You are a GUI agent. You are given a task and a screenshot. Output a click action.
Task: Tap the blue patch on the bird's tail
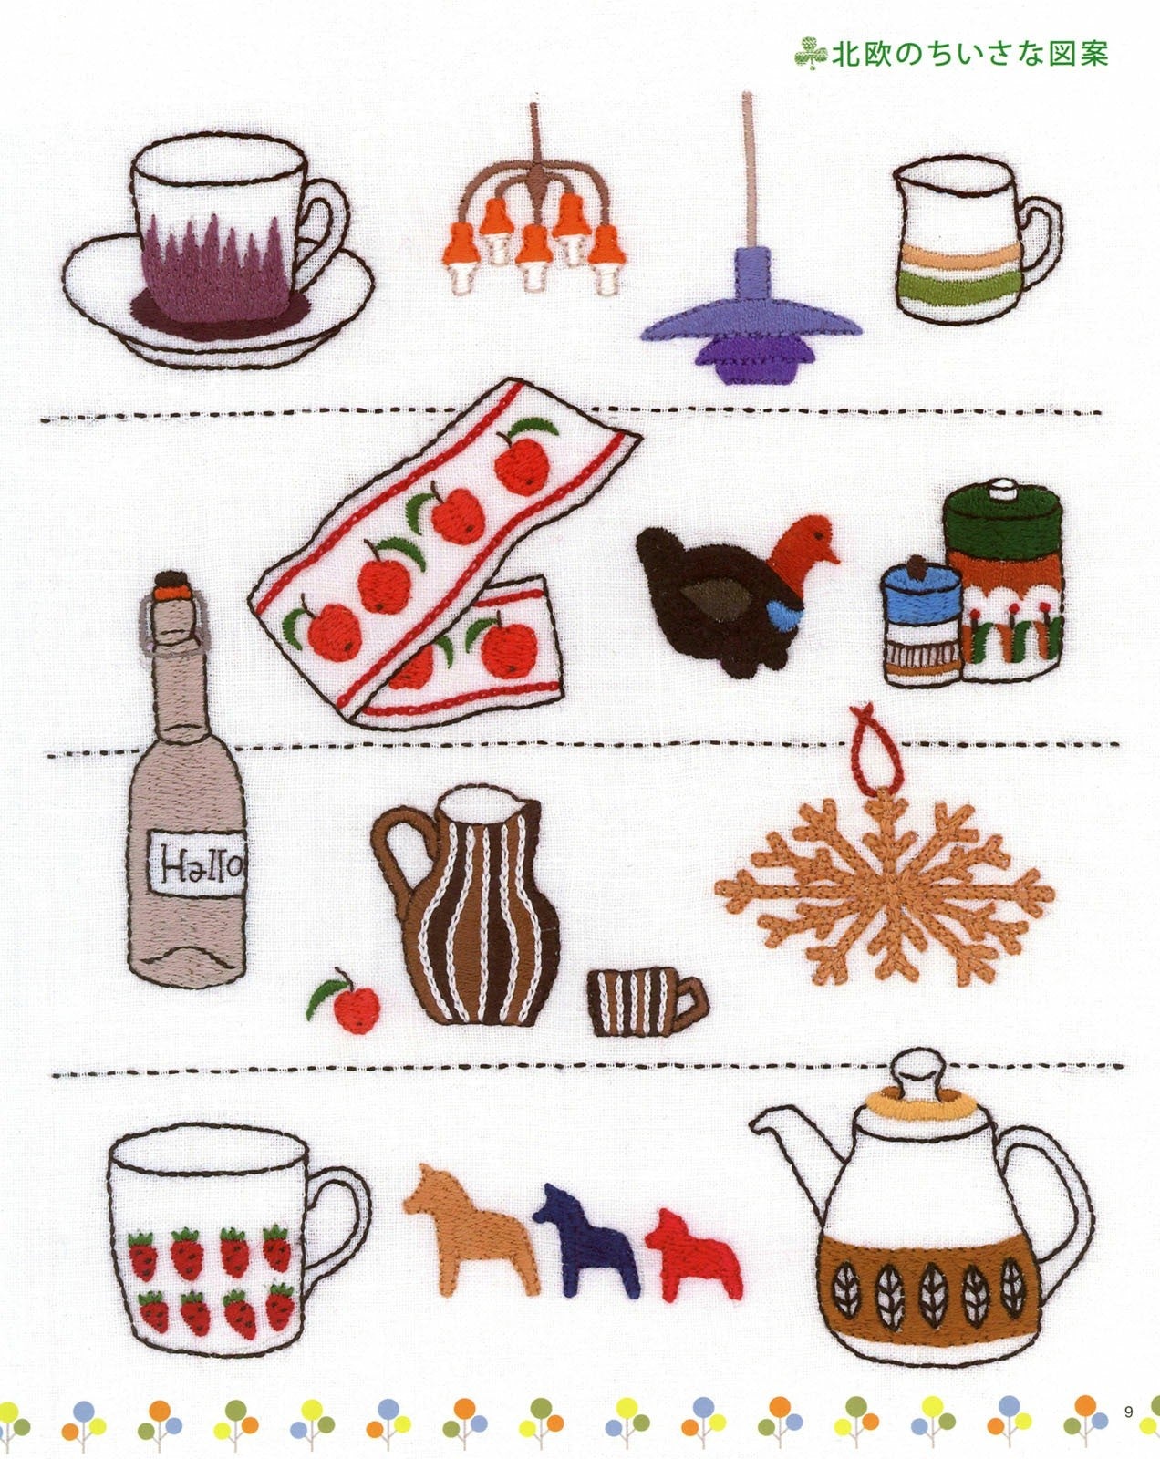tap(786, 616)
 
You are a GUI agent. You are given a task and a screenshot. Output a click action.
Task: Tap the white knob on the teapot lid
tap(918, 1072)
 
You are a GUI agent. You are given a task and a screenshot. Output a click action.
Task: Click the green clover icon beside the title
tap(811, 53)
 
